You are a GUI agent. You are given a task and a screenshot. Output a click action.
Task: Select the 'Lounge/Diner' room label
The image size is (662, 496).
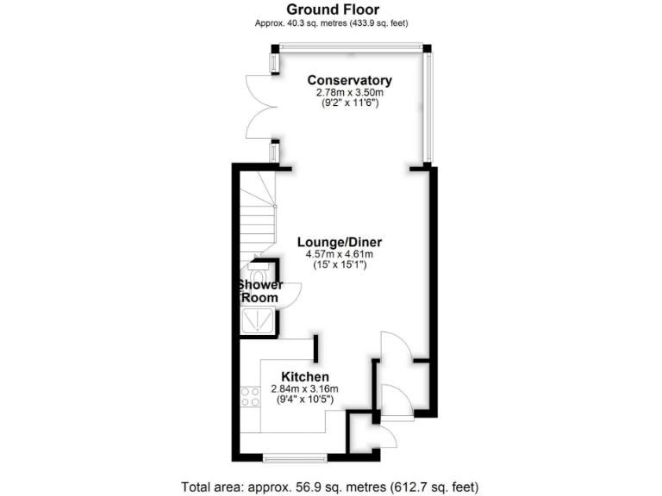pos(339,242)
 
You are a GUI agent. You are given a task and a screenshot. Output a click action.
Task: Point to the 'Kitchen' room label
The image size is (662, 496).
pos(305,377)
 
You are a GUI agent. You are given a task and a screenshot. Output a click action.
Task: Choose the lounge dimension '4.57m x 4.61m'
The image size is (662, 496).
pos(339,254)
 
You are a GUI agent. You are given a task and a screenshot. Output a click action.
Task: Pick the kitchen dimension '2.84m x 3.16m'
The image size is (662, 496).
pos(305,388)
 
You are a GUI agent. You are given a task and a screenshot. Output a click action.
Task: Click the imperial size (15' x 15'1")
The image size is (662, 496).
pos(339,265)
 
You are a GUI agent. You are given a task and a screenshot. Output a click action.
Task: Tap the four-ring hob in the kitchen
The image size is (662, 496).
pos(251,398)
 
